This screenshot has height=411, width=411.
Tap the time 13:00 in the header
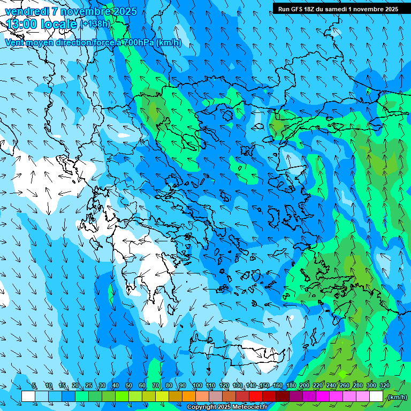point(22,25)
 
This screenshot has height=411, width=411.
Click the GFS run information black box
point(338,9)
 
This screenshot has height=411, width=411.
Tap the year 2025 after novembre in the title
point(124,11)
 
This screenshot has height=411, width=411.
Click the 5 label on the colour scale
point(34,386)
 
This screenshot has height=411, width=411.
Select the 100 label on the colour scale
point(197,386)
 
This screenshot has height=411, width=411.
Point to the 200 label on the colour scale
point(305,386)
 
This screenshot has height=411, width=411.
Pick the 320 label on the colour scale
point(385,386)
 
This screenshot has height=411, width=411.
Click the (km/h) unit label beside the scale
point(397,397)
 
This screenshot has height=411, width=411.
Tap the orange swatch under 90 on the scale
point(189,397)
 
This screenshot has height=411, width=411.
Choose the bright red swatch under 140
point(256,397)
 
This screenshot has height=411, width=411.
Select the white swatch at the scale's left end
point(28,397)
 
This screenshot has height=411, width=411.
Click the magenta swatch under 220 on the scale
point(323,397)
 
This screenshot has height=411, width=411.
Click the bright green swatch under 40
point(122,397)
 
